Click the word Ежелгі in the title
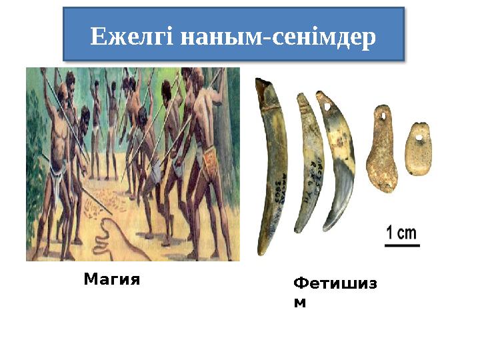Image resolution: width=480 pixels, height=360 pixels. (x=129, y=37)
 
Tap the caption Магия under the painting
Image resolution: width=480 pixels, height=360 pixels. (x=112, y=280)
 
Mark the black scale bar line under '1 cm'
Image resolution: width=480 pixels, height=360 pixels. (x=401, y=245)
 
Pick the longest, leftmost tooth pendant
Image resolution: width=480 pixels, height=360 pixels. (x=272, y=167)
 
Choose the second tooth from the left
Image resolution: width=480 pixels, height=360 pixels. (x=309, y=163)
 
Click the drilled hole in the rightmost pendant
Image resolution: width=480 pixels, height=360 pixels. (x=419, y=137)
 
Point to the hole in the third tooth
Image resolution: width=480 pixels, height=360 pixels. (x=327, y=105)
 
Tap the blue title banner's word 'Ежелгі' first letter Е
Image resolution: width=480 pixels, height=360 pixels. (x=97, y=37)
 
